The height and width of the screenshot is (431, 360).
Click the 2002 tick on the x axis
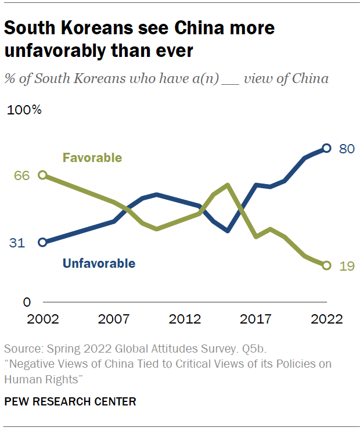tap(42, 319)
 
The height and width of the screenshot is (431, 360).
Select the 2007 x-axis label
tap(113, 319)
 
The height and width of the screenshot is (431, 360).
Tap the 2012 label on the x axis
tap(185, 319)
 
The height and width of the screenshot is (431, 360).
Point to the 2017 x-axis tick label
tap(256, 319)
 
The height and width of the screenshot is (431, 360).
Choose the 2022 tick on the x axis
tap(326, 319)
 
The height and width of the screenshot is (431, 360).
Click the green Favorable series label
tap(92, 157)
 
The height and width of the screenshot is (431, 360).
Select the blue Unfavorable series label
tap(99, 264)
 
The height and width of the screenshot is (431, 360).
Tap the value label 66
tap(21, 175)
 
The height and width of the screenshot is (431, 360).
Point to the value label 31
tap(17, 243)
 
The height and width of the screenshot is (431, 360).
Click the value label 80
tap(347, 149)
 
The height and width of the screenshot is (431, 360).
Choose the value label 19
tap(347, 266)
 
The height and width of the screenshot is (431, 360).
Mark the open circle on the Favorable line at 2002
tap(42, 175)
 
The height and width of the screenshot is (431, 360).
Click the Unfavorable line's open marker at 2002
tap(42, 242)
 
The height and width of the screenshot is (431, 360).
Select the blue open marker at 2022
tap(327, 148)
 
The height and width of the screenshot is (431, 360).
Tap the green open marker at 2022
tap(327, 265)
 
